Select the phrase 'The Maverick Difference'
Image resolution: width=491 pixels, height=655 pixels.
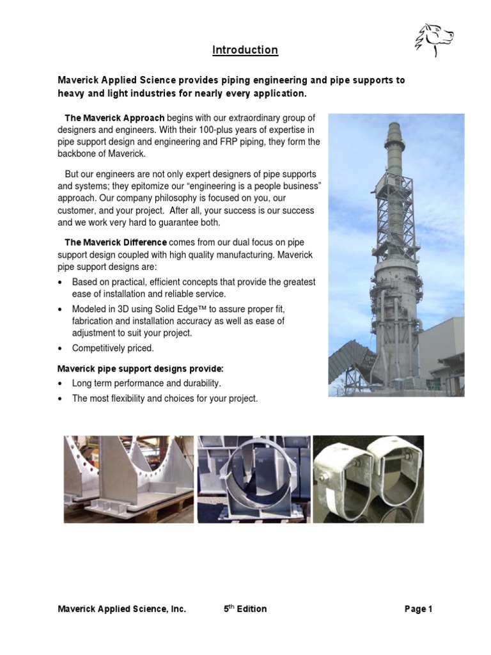tap(116, 242)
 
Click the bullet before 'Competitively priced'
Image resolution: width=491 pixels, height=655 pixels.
tap(61, 349)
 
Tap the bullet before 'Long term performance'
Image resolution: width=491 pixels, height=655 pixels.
tap(61, 383)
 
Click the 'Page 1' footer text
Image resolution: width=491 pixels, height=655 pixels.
tap(418, 609)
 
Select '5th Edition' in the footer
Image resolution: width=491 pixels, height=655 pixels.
tap(245, 609)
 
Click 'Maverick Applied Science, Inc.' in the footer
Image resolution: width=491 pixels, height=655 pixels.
tap(121, 609)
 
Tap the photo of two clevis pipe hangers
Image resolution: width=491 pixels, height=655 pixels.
tap(368, 478)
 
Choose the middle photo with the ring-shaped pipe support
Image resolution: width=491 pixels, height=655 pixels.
tap(254, 478)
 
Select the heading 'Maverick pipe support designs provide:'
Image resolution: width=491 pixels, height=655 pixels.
tap(141, 369)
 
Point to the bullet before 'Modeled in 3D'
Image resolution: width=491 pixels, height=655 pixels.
tap(61, 308)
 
